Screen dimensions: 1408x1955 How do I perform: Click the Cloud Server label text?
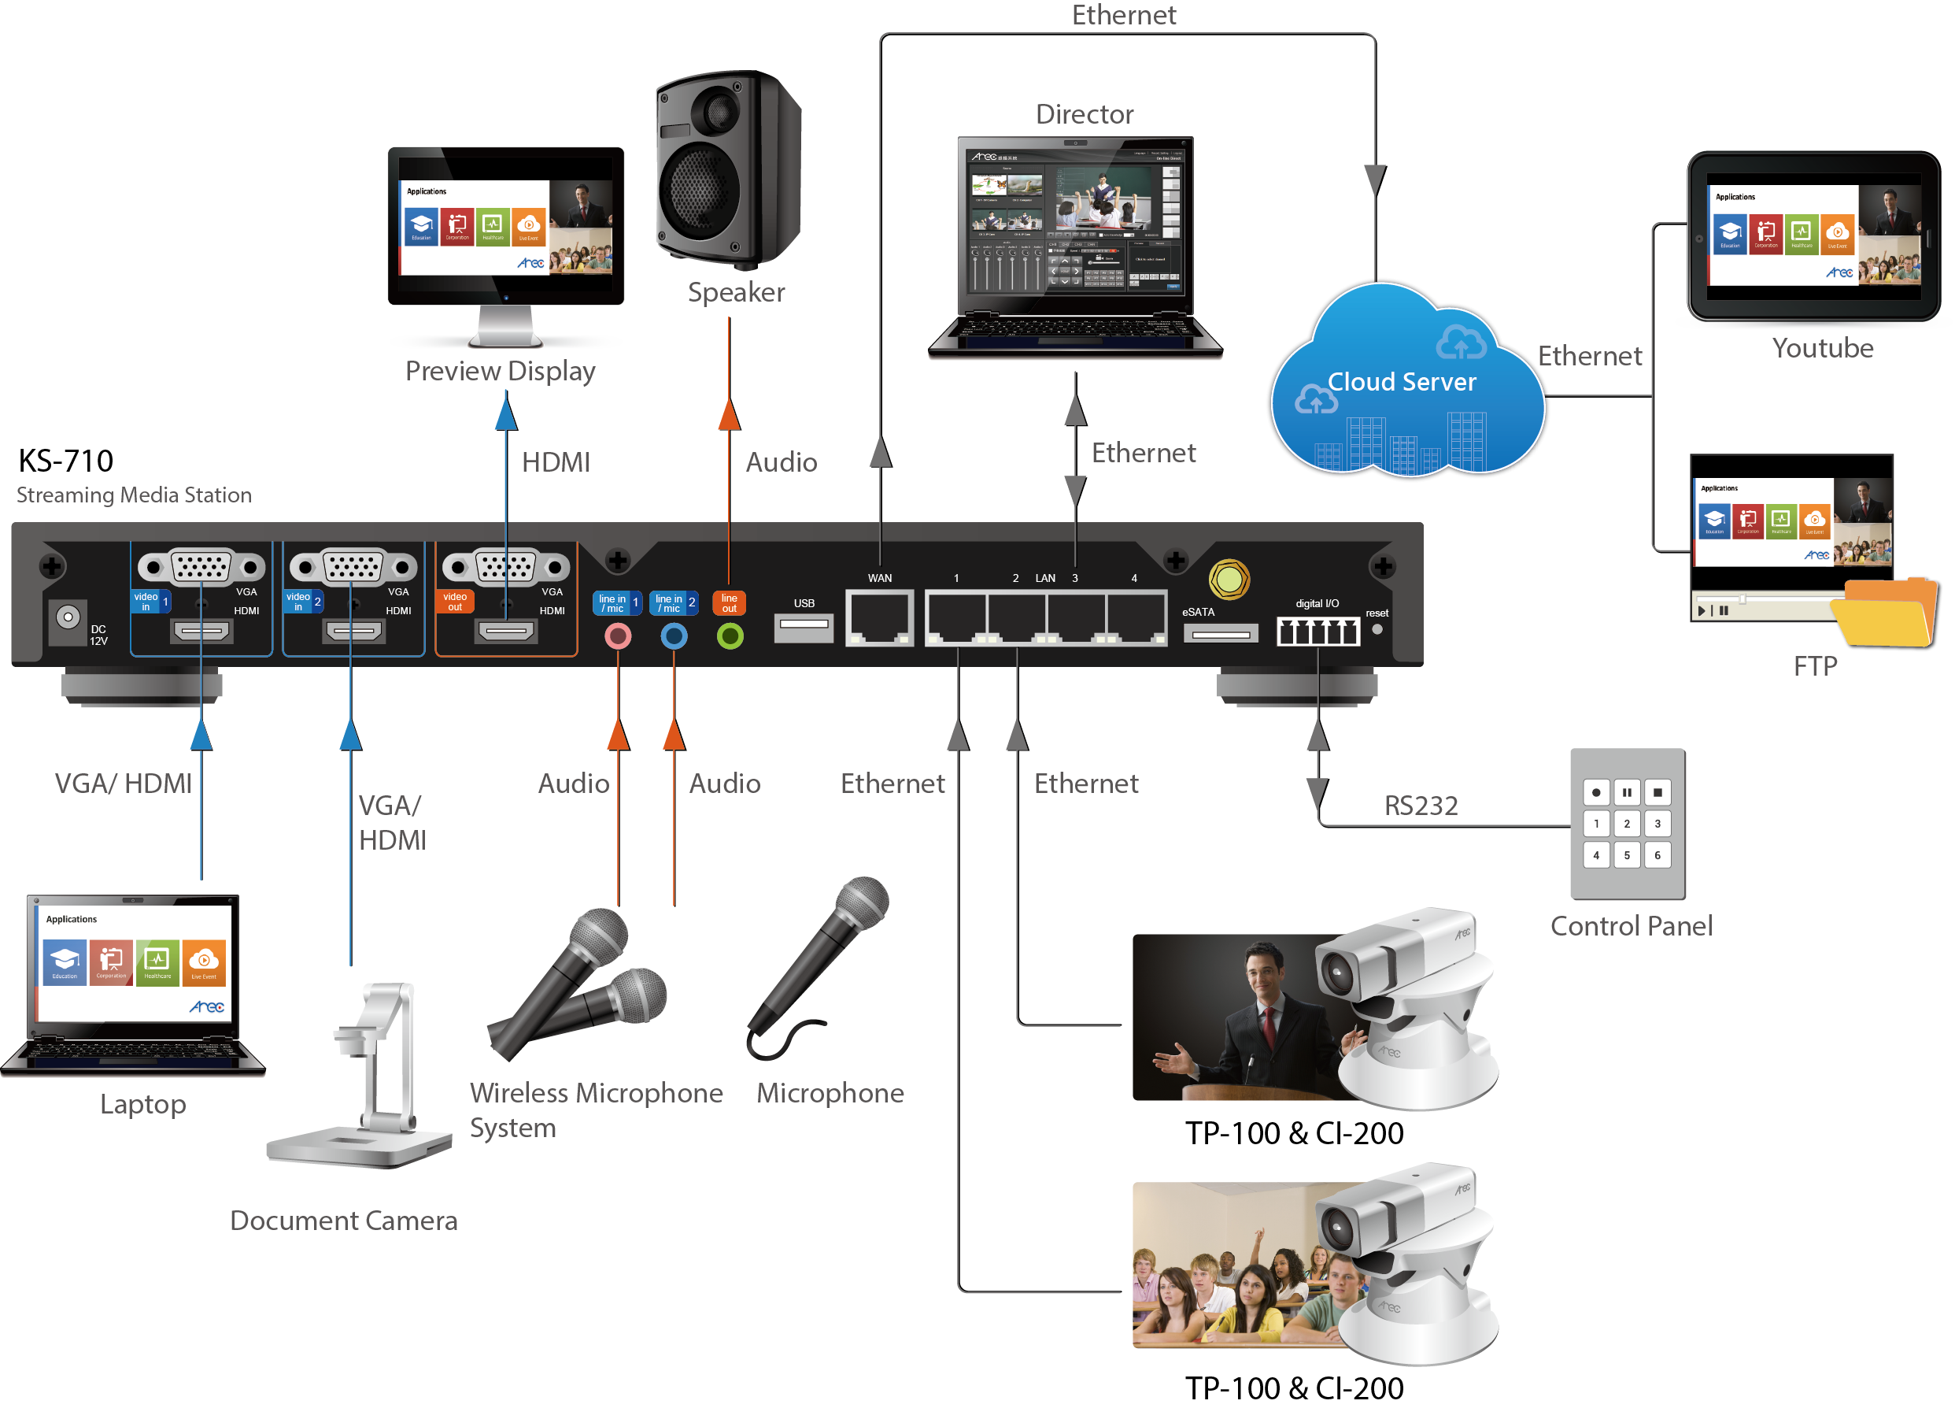[1401, 382]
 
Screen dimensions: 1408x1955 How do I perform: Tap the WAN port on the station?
[879, 617]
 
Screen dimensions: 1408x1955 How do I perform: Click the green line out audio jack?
[730, 636]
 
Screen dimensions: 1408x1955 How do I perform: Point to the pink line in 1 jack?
[618, 636]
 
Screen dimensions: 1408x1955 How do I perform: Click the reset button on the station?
[1377, 629]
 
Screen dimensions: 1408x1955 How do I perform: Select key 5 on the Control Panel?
[1627, 855]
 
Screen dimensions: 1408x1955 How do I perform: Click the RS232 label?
[1421, 806]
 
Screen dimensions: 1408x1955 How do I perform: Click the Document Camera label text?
[343, 1221]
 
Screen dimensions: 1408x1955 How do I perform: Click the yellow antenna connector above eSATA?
[1229, 580]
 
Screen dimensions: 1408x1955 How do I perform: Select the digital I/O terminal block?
[1317, 632]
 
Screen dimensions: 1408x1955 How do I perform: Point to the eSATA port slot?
[1221, 635]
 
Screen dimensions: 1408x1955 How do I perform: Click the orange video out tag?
[454, 601]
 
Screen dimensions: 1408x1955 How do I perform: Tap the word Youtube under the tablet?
[1822, 348]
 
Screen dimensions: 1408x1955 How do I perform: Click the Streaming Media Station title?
[134, 495]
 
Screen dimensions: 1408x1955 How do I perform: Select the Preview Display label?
[500, 371]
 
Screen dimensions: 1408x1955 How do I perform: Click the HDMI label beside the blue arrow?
[556, 462]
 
